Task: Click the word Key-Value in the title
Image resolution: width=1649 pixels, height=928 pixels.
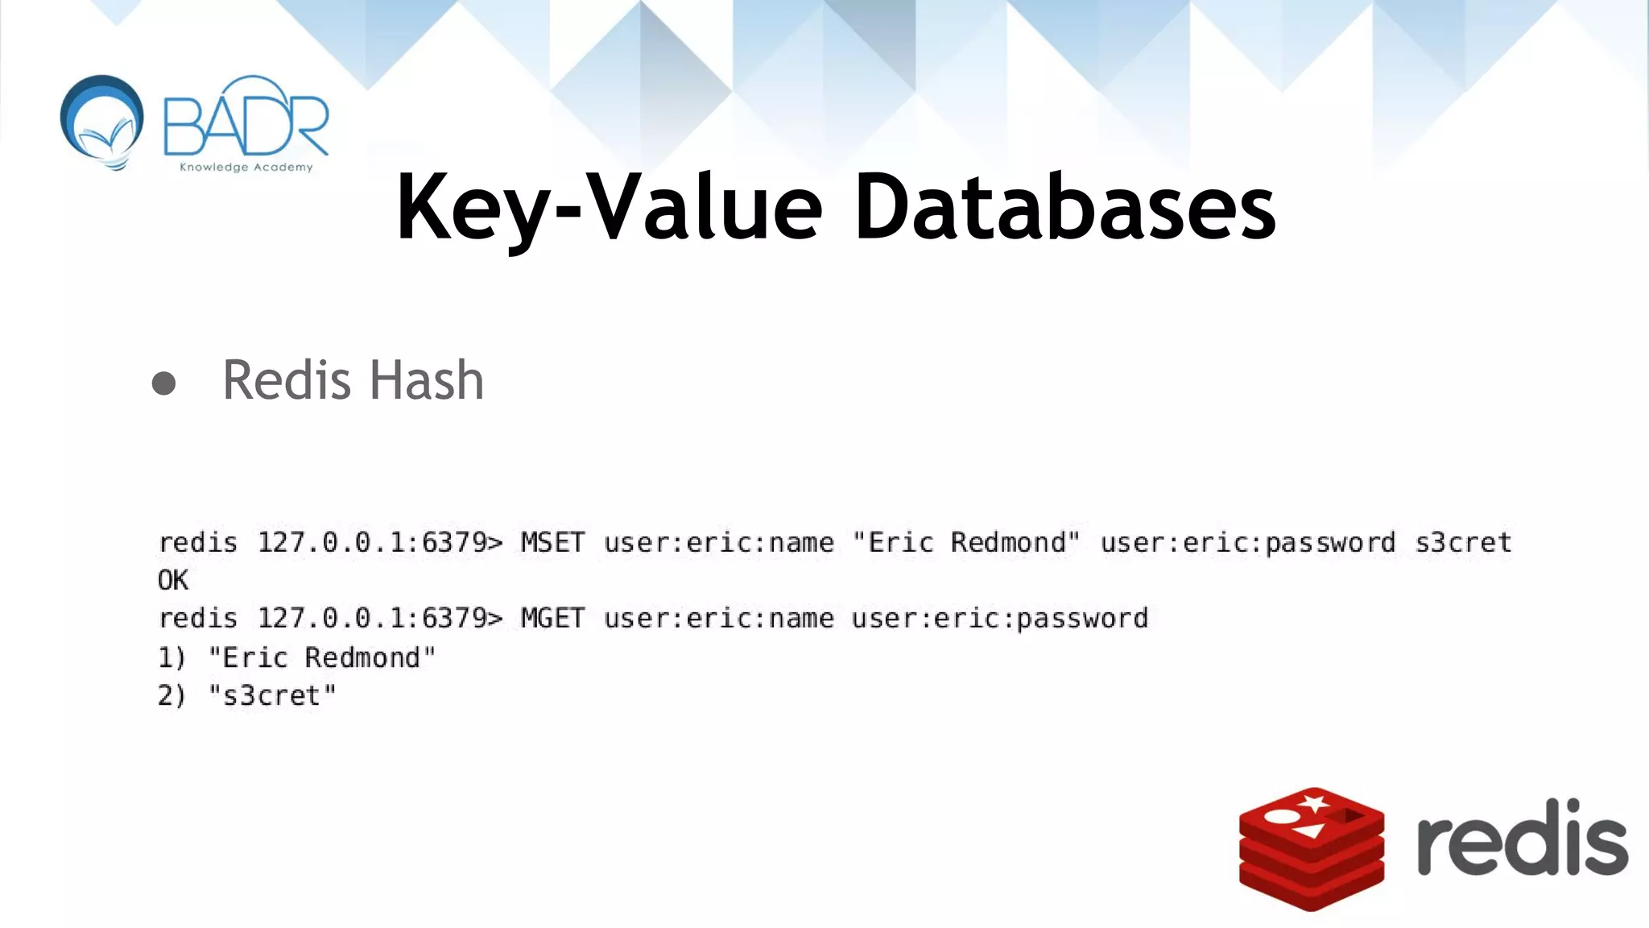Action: pyautogui.click(x=608, y=208)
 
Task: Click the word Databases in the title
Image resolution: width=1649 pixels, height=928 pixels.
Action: pyautogui.click(x=1064, y=208)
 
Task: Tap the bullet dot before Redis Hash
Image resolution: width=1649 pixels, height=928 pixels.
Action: pyautogui.click(x=163, y=383)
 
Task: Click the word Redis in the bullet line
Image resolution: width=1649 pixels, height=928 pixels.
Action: pyautogui.click(x=286, y=380)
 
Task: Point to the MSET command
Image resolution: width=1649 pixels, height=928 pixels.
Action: pyautogui.click(x=552, y=542)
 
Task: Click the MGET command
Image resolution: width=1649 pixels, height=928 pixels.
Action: pyautogui.click(x=552, y=618)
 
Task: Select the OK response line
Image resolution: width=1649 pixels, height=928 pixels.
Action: pyautogui.click(x=173, y=580)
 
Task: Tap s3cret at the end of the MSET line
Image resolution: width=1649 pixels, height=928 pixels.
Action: pyautogui.click(x=1463, y=542)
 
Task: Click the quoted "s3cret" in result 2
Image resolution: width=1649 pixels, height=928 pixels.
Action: pyautogui.click(x=272, y=695)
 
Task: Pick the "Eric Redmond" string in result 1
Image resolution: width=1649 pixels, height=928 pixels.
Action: pyautogui.click(x=321, y=657)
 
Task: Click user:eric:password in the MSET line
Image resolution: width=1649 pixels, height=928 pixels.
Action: pyautogui.click(x=1247, y=543)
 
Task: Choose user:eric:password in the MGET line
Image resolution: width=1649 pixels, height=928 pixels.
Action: pyautogui.click(x=999, y=619)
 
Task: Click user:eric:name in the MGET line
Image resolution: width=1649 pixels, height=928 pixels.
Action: pyautogui.click(x=718, y=618)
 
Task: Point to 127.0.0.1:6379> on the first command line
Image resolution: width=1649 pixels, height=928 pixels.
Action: pyautogui.click(x=379, y=542)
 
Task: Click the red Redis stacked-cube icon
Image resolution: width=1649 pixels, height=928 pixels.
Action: pyautogui.click(x=1311, y=849)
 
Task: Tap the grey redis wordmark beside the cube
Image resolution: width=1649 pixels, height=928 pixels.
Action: pyautogui.click(x=1522, y=838)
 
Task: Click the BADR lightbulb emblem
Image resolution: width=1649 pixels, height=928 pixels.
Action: pyautogui.click(x=102, y=121)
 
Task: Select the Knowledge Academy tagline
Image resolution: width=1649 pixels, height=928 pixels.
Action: pyautogui.click(x=246, y=167)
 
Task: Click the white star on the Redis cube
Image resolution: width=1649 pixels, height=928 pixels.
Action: pyautogui.click(x=1314, y=803)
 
